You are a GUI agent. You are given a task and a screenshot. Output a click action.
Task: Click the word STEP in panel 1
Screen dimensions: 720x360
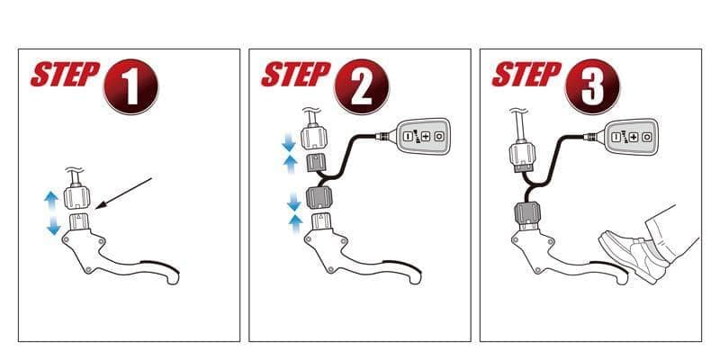65,75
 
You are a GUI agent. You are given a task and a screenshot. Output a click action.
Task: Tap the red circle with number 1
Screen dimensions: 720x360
130,86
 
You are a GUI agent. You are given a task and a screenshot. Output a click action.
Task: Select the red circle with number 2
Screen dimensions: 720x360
362,86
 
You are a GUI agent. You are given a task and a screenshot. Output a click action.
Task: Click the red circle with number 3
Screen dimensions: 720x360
593,86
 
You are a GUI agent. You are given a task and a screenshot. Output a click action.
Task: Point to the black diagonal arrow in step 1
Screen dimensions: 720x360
125,193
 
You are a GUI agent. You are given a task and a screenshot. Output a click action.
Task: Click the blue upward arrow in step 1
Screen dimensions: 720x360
51,201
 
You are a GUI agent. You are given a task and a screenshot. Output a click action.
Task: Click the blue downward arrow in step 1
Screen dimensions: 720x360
54,224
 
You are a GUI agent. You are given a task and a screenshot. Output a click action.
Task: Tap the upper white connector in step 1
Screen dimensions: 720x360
76,195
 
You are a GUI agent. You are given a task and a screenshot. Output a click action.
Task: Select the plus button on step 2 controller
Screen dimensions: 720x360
426,137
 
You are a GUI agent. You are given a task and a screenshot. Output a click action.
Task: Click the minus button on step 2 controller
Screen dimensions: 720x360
409,137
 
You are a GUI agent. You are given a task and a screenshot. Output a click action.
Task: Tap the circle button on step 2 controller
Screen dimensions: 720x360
439,137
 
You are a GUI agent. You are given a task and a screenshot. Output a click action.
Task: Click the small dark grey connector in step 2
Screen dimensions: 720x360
315,163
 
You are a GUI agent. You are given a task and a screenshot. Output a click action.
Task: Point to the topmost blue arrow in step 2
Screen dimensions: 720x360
288,143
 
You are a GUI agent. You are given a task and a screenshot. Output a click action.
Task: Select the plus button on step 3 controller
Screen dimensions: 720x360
634,137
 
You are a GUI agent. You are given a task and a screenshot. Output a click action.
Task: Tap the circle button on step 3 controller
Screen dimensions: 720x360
646,137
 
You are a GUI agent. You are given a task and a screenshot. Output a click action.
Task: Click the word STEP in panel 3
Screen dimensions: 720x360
526,75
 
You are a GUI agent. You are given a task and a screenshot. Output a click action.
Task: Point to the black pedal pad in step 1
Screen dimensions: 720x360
161,265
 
